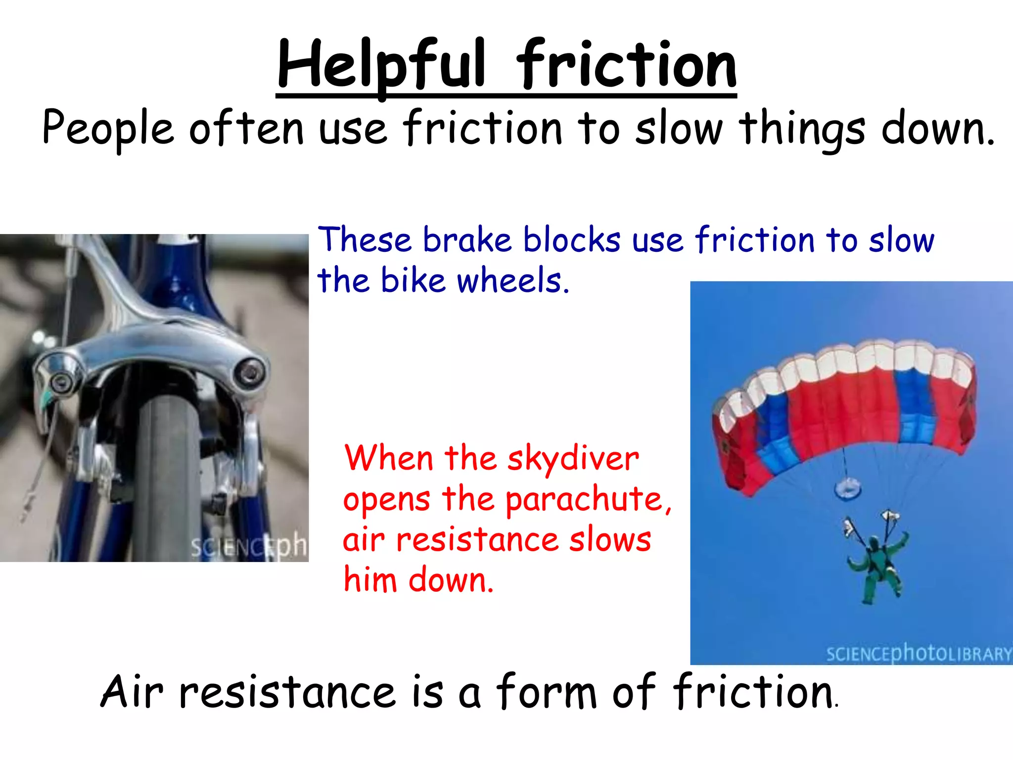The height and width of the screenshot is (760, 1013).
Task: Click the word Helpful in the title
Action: coord(381,64)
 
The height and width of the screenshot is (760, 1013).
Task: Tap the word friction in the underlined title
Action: coord(627,64)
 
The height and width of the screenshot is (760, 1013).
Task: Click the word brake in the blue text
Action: coord(467,240)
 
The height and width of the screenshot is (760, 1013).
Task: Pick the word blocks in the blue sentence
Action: coord(572,240)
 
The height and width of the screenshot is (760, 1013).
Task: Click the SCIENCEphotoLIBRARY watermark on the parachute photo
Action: coord(919,654)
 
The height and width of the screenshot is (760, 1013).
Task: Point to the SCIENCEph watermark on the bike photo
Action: coord(248,547)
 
